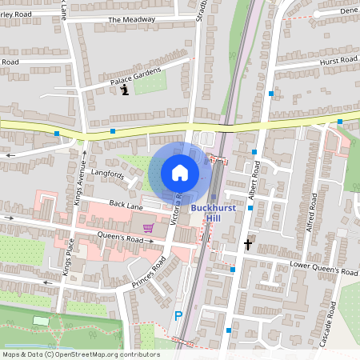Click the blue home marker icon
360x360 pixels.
(x=180, y=172)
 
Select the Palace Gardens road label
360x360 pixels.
(x=136, y=77)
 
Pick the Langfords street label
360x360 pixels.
(x=108, y=173)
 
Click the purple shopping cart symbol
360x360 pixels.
(x=148, y=228)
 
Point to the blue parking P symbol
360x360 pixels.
(x=178, y=316)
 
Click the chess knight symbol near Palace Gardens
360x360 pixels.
(x=125, y=90)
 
